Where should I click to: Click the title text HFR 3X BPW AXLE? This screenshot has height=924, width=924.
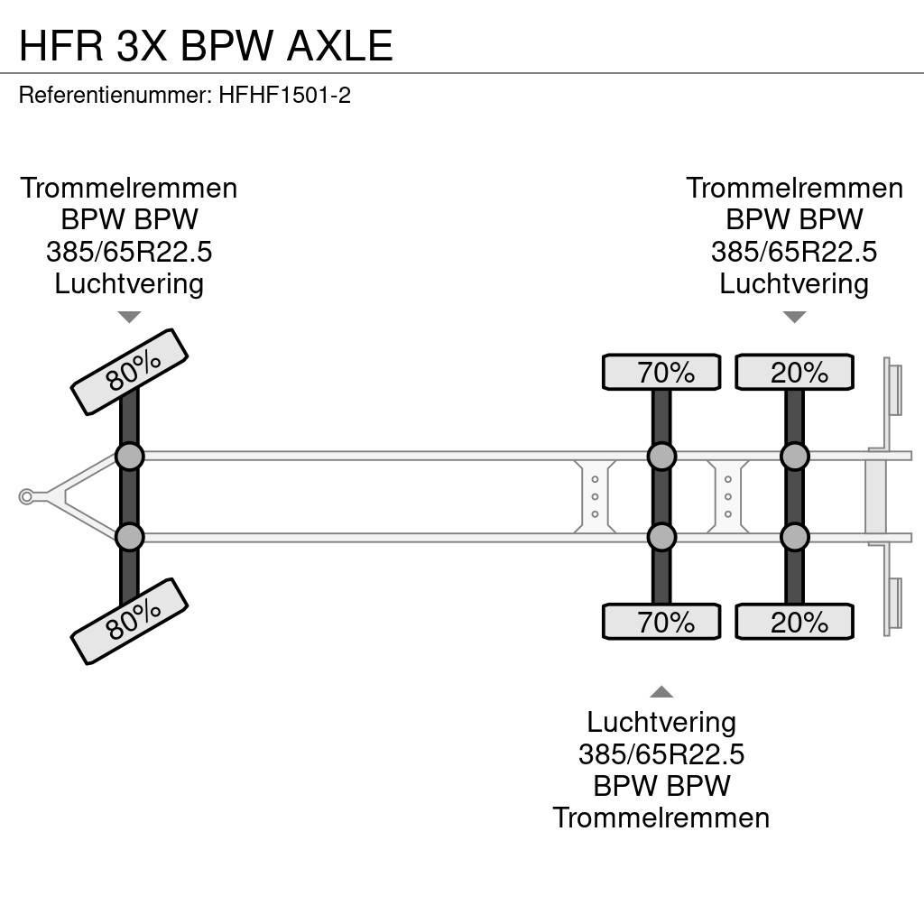point(206,45)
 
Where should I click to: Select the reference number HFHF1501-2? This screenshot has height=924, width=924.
point(284,95)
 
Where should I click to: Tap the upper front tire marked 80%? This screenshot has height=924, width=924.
point(129,372)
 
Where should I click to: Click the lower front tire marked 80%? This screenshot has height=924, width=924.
point(129,621)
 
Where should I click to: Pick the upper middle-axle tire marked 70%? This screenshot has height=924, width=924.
point(661,372)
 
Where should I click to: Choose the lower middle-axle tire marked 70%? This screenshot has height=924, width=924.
point(661,622)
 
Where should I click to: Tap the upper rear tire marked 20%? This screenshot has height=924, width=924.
point(794,372)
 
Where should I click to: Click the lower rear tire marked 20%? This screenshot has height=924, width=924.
point(794,622)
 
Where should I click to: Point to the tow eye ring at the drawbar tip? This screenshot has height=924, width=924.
point(26,496)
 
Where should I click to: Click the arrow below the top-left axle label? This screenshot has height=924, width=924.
point(129,317)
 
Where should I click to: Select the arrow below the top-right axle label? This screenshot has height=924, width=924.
point(794,317)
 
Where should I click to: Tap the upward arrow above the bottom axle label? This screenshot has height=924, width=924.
point(661,692)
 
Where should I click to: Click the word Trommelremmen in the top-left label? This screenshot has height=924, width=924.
point(129,188)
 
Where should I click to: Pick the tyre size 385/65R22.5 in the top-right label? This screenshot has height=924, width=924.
point(794,252)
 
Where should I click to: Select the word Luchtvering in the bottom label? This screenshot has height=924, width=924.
point(661,722)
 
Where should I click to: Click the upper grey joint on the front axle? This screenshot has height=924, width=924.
point(129,457)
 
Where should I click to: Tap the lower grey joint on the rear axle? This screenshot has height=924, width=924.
point(794,538)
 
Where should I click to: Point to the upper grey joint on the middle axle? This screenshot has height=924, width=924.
point(661,457)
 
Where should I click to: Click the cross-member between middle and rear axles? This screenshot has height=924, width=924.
point(727,496)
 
